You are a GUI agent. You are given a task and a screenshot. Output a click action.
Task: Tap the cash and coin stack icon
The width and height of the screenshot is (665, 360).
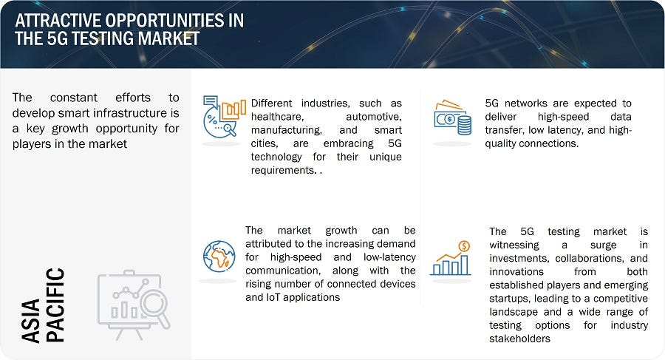click(452, 117)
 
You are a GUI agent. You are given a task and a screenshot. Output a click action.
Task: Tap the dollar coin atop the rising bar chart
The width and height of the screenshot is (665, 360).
click(464, 246)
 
